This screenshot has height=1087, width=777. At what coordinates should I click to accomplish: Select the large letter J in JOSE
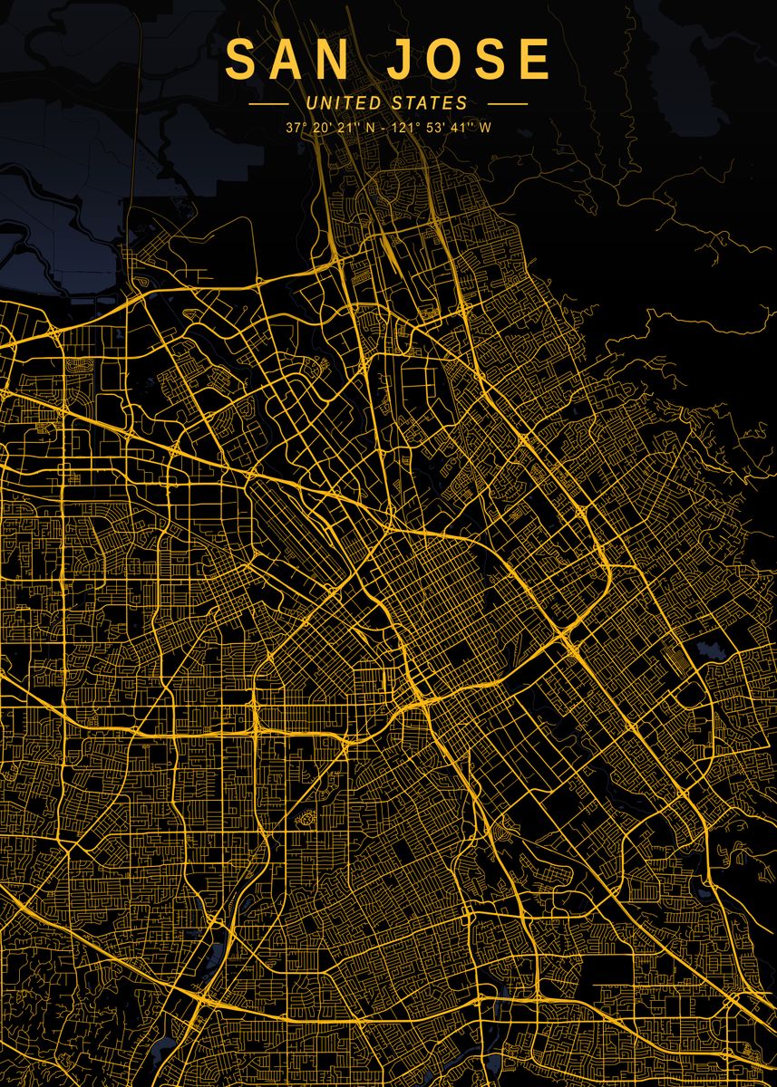[x=400, y=61]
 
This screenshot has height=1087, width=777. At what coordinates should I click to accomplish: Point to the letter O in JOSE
[x=443, y=61]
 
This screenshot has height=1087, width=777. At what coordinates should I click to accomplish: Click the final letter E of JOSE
[x=535, y=61]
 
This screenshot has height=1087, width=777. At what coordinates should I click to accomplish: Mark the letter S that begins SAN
[x=241, y=61]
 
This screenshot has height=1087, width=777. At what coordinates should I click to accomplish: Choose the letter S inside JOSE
[x=490, y=61]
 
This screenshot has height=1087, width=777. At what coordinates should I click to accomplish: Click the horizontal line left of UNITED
[x=268, y=104]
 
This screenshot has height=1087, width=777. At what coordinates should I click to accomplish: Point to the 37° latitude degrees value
[x=293, y=128]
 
